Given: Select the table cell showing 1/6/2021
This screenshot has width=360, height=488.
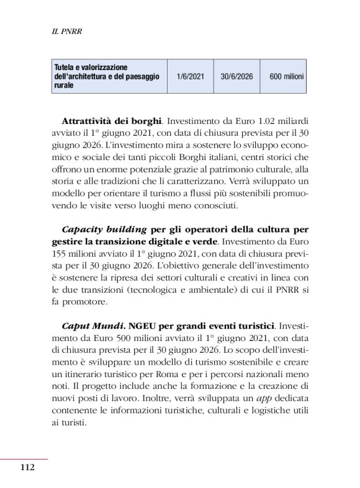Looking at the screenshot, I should point(189,77).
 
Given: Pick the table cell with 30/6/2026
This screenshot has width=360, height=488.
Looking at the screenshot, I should point(236,77).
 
